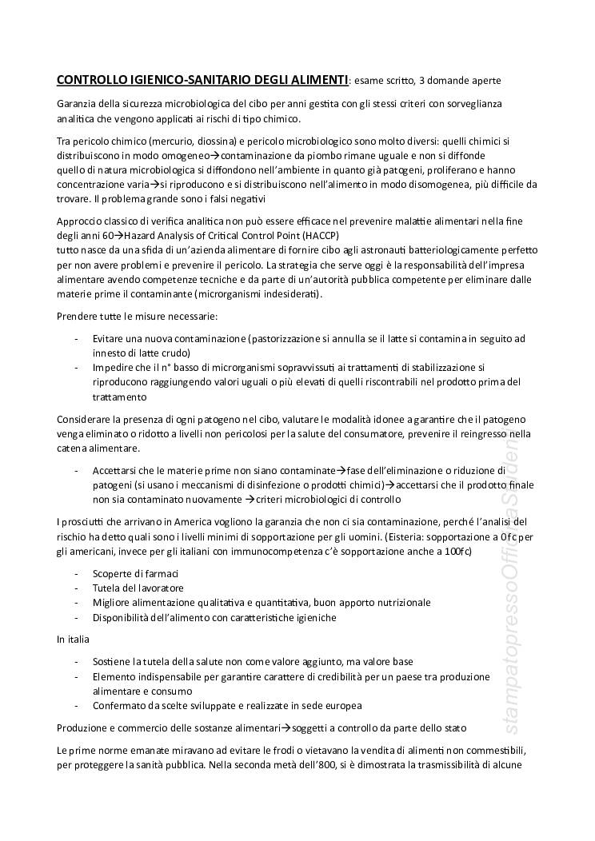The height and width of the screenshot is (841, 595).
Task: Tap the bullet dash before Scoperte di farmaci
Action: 76,574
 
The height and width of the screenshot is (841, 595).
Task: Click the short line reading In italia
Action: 74,640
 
